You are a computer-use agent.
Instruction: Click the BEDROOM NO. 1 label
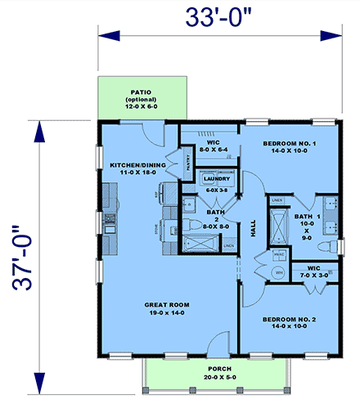pos(290,143)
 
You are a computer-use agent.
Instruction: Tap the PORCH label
pos(209,369)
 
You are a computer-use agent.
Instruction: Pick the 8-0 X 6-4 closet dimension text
pos(217,150)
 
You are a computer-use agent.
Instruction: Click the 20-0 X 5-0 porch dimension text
pos(209,378)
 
